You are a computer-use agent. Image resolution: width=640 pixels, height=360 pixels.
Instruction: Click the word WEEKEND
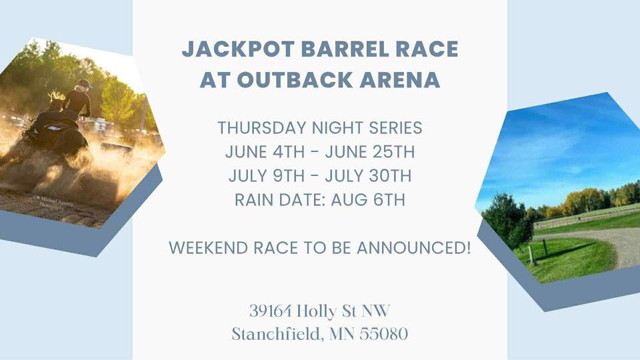pyautogui.click(x=207, y=248)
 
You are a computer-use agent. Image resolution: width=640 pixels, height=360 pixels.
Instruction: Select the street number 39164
pyautogui.click(x=269, y=311)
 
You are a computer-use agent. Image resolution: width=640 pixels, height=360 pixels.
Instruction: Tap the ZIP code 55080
pyautogui.click(x=384, y=334)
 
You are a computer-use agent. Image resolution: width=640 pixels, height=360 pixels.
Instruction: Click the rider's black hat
pyautogui.click(x=83, y=84)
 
